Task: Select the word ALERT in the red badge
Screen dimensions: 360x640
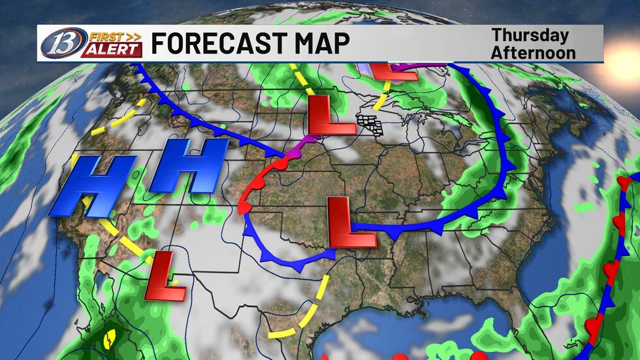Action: click(x=112, y=50)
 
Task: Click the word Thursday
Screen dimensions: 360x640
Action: click(x=530, y=36)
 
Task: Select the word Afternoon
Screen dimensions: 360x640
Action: click(x=533, y=52)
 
